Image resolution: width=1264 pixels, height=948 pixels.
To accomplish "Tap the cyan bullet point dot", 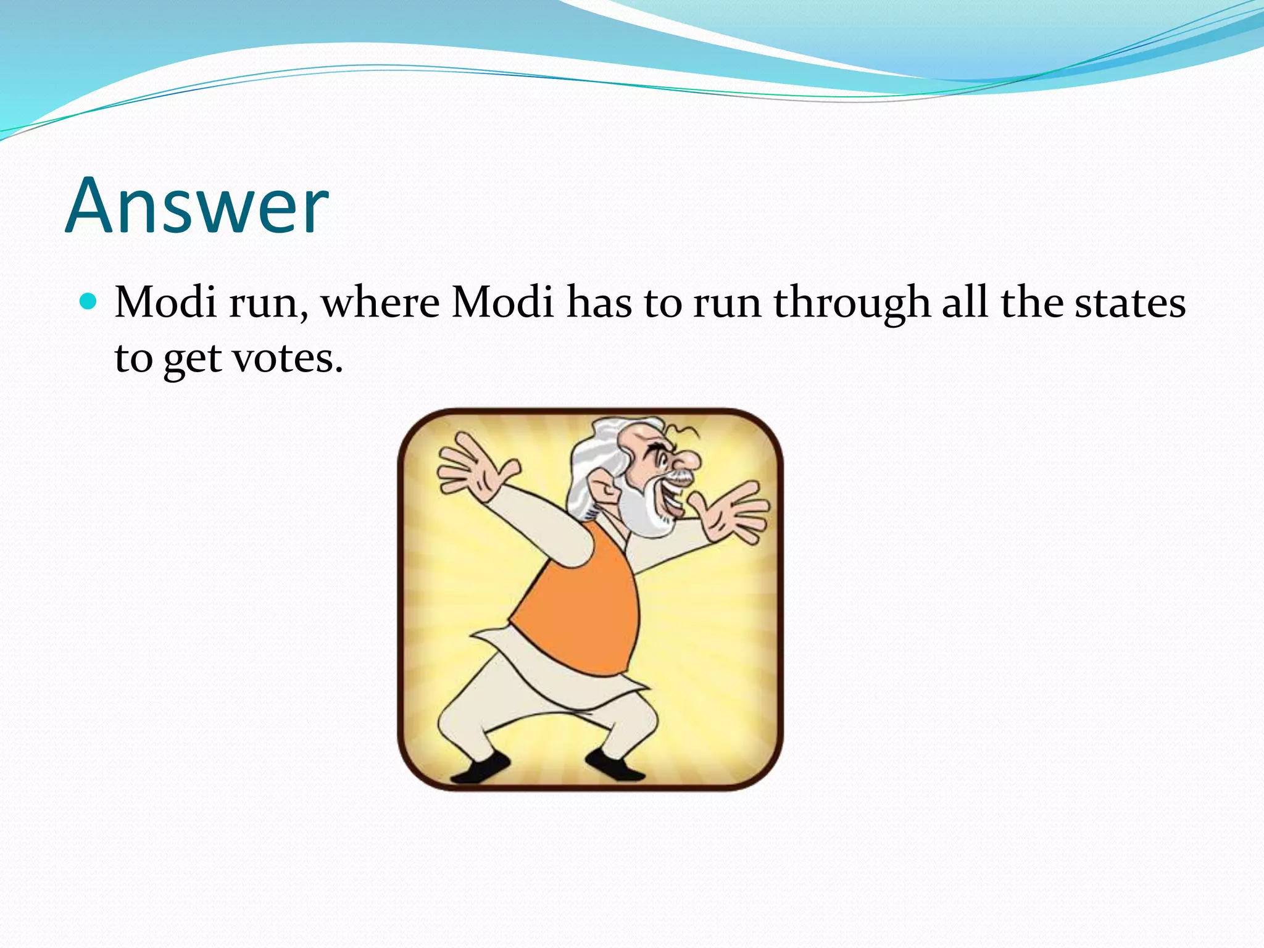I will [x=89, y=302].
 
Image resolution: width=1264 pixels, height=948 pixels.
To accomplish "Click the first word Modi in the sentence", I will [x=165, y=303].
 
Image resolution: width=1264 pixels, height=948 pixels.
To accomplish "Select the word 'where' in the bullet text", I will [x=380, y=303].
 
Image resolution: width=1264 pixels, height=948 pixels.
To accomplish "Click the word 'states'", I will [x=1129, y=303].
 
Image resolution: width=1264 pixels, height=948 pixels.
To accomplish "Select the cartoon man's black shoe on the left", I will [x=481, y=768].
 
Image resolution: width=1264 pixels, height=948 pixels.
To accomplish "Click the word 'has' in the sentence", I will [x=599, y=303].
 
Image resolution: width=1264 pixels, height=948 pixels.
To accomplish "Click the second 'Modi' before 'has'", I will [x=502, y=303].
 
